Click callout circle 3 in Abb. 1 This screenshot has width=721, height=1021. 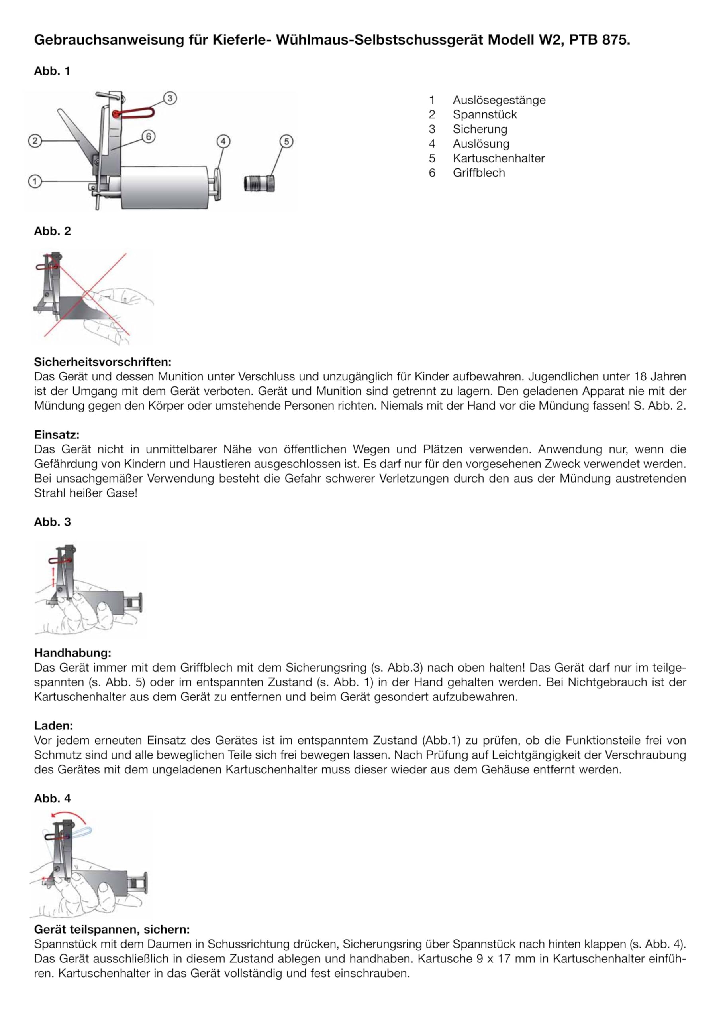[x=170, y=98]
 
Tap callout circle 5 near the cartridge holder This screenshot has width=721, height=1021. [x=286, y=142]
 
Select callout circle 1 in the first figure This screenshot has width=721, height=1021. [x=35, y=181]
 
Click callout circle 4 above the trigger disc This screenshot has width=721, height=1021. [x=223, y=142]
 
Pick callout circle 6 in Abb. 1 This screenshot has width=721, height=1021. [x=148, y=136]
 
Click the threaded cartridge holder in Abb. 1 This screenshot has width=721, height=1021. [x=259, y=183]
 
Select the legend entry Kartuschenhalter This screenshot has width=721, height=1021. [x=498, y=158]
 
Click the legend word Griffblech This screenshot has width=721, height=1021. [x=479, y=173]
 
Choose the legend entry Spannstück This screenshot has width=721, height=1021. [x=485, y=115]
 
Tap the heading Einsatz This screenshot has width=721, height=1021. [x=57, y=434]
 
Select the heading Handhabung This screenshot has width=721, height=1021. [x=72, y=653]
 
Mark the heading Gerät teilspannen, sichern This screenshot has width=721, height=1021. [x=112, y=929]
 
